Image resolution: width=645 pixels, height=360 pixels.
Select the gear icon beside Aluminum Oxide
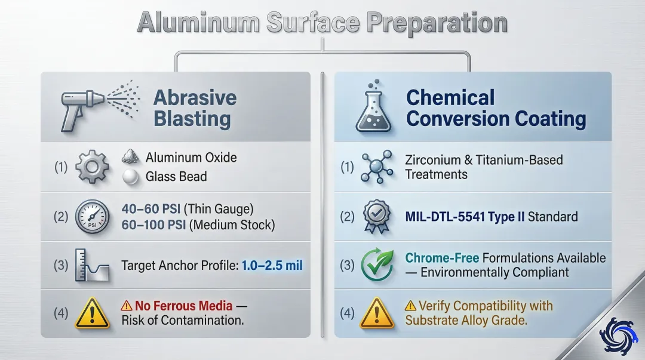coord(92,167)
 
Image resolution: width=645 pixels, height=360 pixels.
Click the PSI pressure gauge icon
coord(92,217)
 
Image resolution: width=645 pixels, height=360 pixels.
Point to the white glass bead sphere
coord(130,177)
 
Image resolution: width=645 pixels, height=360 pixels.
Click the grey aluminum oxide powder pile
coord(130,157)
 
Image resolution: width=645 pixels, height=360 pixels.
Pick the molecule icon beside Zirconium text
coord(376,167)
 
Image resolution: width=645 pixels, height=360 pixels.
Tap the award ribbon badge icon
coord(377,217)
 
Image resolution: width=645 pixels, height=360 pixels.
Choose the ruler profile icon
coord(92,265)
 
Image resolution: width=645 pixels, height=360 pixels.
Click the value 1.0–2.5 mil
coord(272,265)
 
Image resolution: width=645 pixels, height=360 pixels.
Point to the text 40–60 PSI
coord(151,209)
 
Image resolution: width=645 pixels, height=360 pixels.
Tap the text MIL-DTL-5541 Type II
coord(465,217)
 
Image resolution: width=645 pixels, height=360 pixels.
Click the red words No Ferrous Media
coord(183,306)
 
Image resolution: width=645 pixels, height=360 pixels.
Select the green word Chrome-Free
coord(442,258)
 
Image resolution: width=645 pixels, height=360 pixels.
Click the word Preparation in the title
coord(437,23)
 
